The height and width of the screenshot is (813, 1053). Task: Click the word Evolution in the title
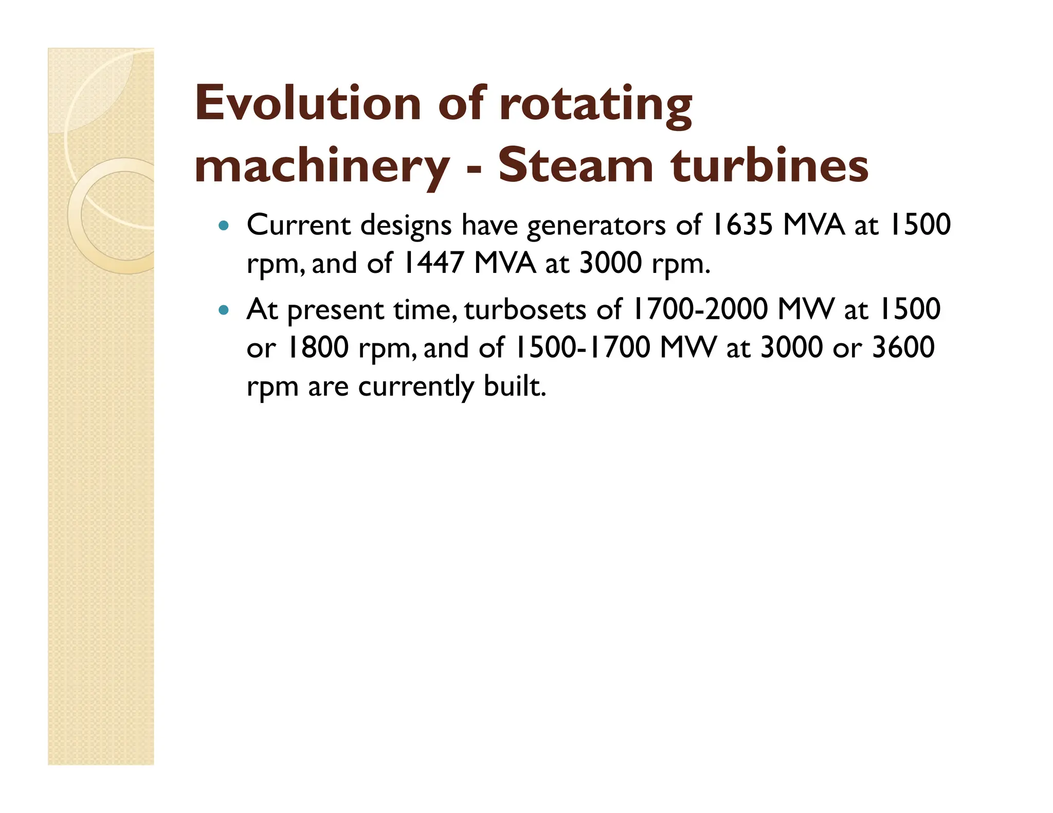[x=308, y=104]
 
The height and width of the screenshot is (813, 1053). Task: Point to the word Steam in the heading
[x=575, y=165]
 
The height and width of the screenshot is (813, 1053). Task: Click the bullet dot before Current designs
[x=223, y=225]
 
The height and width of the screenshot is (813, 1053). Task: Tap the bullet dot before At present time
[x=223, y=310]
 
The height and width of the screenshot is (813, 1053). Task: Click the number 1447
[x=433, y=263]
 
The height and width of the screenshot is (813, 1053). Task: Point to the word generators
[x=596, y=226]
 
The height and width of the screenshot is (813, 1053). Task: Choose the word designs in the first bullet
[x=406, y=226]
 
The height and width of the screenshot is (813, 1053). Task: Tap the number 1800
[x=318, y=347]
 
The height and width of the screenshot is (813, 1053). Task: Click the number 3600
[x=903, y=347]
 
